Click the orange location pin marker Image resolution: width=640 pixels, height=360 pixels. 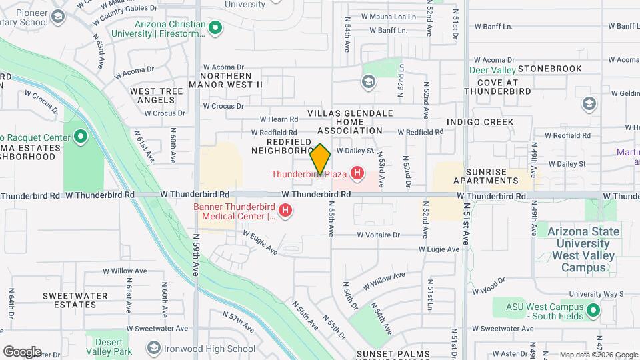(321, 159)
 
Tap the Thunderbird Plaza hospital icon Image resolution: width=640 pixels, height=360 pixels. (358, 174)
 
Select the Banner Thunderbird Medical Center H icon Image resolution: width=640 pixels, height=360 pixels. (285, 211)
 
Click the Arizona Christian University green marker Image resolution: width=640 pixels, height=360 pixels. (215, 27)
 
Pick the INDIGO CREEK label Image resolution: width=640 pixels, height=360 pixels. (480, 122)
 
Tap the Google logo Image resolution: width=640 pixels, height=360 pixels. (22, 351)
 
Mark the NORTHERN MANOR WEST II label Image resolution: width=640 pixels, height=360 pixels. (225, 80)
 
